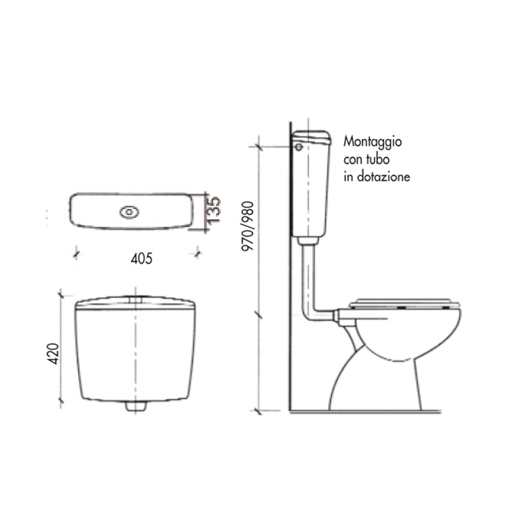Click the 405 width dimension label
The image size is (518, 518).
(x=142, y=258)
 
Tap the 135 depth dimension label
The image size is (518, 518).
(x=213, y=209)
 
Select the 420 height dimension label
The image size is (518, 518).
(x=53, y=354)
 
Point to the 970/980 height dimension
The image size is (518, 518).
(x=248, y=226)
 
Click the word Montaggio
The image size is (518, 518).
(x=372, y=142)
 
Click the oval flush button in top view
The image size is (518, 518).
(x=129, y=212)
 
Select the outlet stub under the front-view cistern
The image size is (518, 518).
(x=136, y=406)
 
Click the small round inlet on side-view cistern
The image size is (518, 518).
(x=299, y=147)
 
